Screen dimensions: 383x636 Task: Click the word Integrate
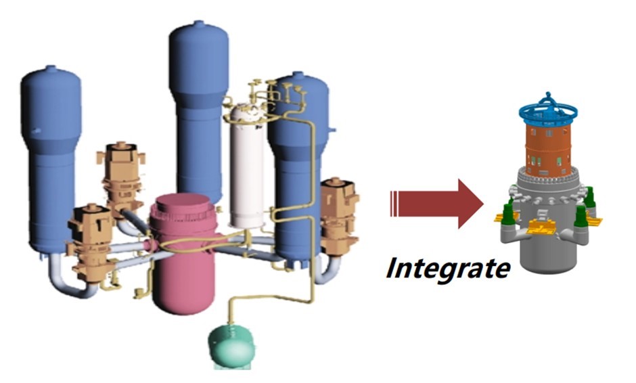(x=447, y=268)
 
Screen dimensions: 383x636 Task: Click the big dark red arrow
(x=436, y=204)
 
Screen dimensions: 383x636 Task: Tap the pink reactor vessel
(x=180, y=264)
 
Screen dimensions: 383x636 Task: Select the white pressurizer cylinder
(x=246, y=169)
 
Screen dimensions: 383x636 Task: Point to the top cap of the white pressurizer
(x=244, y=111)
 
